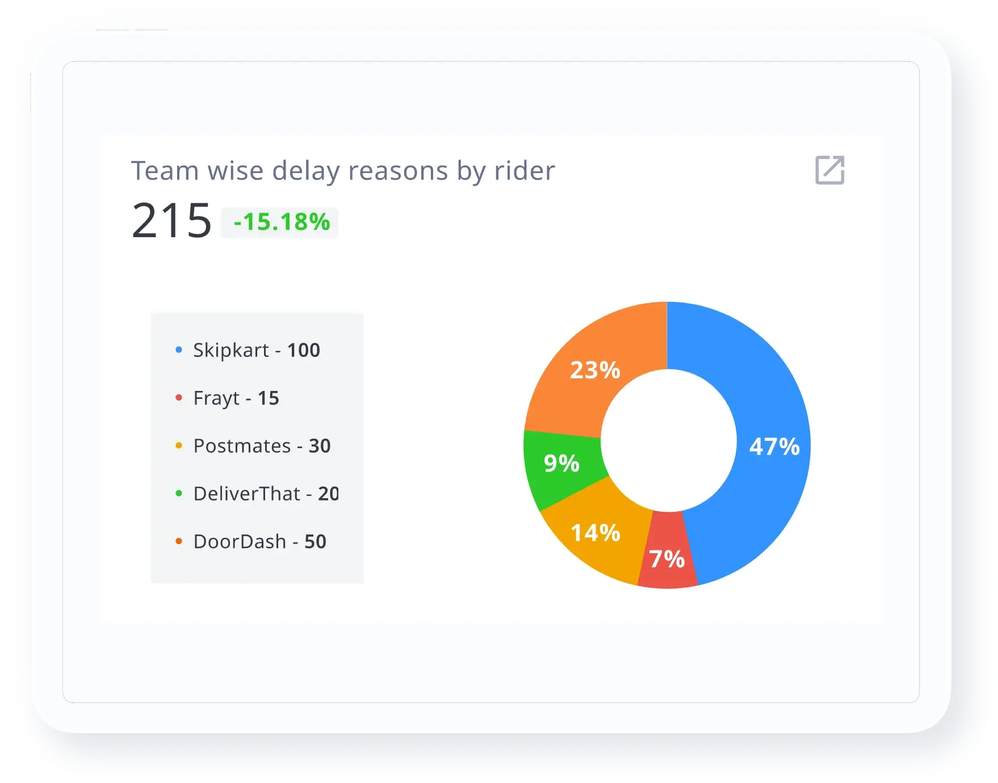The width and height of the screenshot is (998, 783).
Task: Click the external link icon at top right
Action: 829,170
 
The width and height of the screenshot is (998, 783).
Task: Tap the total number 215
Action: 171,221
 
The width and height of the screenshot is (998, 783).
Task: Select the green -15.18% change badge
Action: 280,222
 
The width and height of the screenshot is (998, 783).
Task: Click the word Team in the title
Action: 165,171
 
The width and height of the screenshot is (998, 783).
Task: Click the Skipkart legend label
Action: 230,350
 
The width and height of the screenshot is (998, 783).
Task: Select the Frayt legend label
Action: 216,398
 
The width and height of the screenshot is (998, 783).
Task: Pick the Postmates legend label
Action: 242,446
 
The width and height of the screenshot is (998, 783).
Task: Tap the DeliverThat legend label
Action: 246,494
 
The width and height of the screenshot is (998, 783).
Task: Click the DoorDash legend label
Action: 240,542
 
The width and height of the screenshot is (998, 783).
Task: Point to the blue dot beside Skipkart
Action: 179,350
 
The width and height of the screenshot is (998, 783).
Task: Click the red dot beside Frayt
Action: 179,398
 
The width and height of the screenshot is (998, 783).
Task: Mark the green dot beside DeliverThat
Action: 179,494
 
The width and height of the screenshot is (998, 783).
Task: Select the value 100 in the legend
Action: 304,350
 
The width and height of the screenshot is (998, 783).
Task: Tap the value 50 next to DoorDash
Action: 316,542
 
